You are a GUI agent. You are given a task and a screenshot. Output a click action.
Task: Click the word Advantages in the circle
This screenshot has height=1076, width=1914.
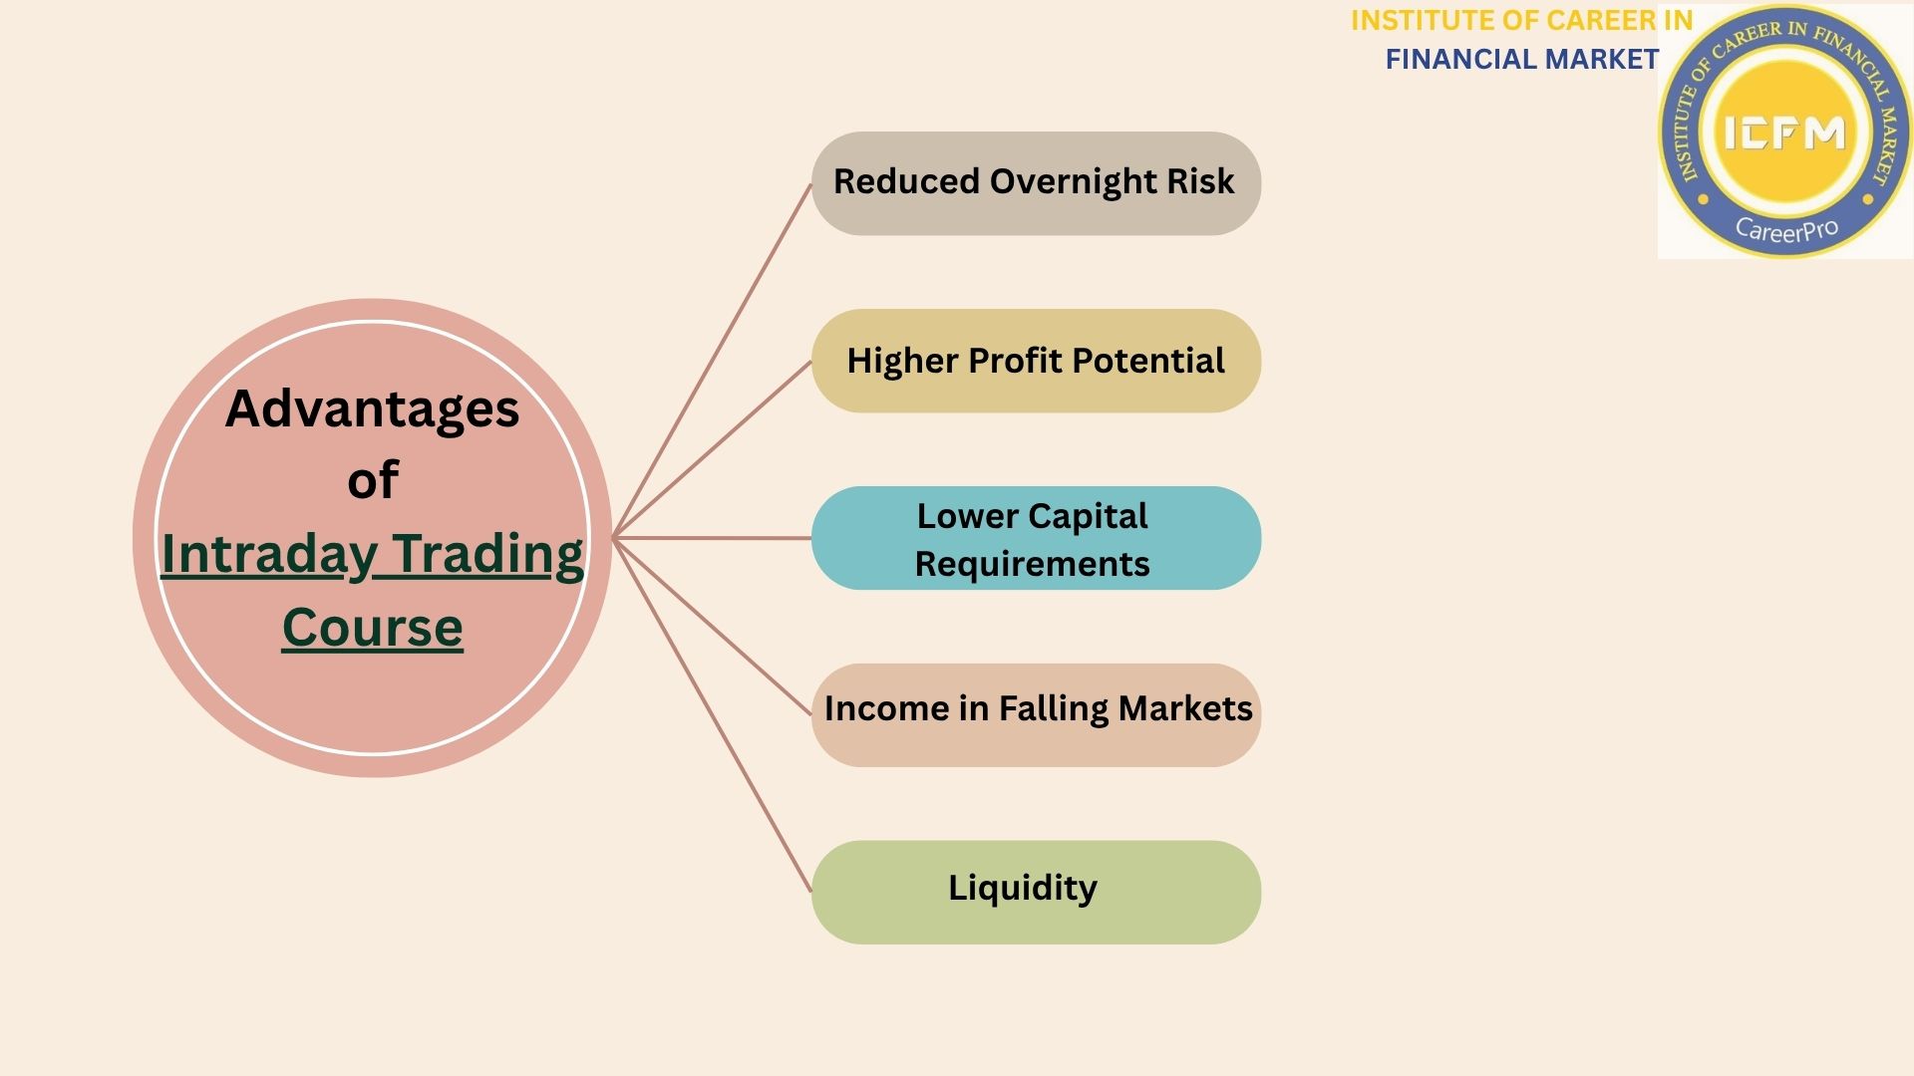pos(372,409)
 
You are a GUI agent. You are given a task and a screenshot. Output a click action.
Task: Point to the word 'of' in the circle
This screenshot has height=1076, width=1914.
pos(372,481)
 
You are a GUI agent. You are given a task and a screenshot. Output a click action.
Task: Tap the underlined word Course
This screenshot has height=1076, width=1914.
pos(372,628)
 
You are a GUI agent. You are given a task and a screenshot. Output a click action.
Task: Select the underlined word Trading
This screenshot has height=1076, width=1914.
pos(487,555)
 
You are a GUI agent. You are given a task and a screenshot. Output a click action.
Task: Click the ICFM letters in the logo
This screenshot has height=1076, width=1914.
pos(1784,133)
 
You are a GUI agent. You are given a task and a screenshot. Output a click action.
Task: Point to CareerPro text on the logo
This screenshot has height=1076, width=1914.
pos(1785,230)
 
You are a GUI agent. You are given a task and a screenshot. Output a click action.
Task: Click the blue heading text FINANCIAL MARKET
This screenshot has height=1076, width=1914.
pos(1521,60)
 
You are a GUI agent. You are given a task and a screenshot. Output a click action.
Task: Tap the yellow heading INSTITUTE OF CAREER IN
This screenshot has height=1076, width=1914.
pos(1521,21)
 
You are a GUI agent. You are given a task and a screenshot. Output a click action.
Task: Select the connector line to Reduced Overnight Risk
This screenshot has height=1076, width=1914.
pos(713,361)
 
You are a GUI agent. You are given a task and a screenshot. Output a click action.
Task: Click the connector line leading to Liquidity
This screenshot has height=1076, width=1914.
pos(713,715)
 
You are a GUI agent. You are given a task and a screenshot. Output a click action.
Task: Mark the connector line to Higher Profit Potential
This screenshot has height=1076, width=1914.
pos(713,449)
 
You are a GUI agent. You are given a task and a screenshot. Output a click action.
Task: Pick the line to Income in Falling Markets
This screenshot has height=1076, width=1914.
pos(713,627)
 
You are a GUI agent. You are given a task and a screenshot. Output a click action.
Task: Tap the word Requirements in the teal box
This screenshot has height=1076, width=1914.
pos(1032,565)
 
